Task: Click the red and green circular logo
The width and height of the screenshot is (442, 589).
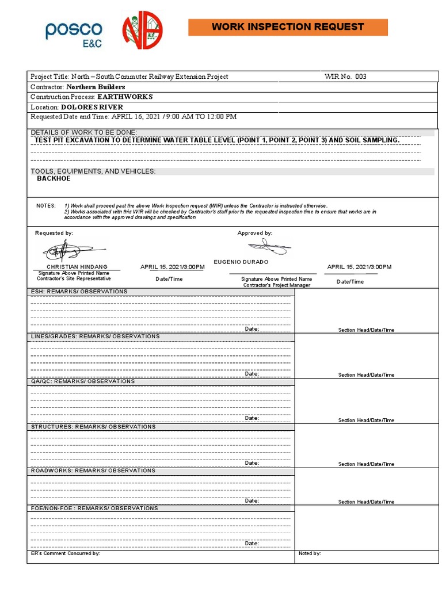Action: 142,30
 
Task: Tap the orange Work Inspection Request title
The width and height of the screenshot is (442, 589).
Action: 288,27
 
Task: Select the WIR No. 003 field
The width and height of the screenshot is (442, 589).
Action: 345,77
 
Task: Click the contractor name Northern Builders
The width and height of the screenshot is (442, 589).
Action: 96,87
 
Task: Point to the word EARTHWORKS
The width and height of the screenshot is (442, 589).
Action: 125,97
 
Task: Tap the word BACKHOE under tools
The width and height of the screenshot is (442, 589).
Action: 54,179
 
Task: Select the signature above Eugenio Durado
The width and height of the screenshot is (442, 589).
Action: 268,248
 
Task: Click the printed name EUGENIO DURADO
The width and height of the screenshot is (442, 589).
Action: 241,262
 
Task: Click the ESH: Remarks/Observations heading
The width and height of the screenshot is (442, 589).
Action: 79,292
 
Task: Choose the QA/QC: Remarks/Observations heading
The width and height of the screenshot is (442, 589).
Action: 83,381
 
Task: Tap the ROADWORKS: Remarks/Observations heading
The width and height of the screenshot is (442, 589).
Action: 93,471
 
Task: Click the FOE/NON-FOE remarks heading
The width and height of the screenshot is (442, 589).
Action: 94,508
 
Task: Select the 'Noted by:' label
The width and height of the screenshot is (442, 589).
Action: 310,553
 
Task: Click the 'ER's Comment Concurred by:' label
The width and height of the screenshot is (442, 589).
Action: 65,553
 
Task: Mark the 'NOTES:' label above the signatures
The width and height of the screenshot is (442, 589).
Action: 46,206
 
